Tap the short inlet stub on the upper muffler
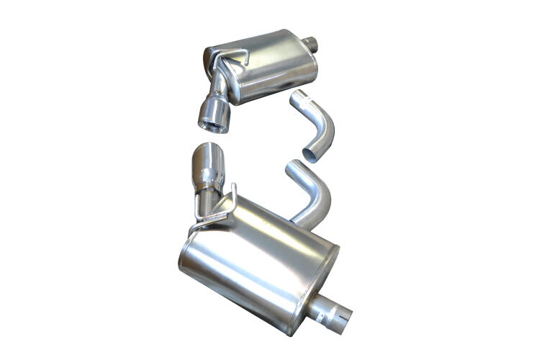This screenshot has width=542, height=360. (x=311, y=44)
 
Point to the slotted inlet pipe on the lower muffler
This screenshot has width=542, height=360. (x=330, y=311)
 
